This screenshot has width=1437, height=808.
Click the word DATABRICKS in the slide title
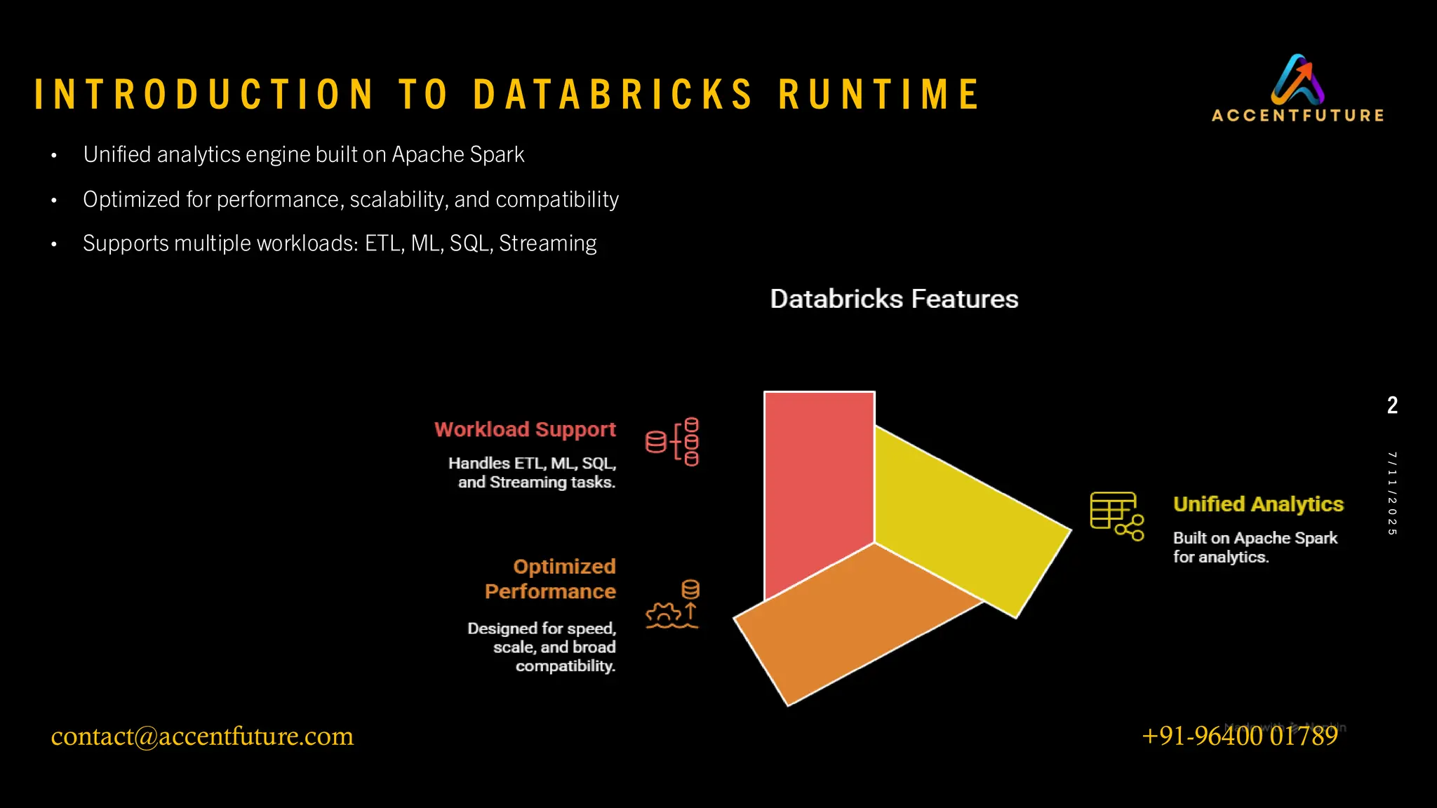[x=613, y=95]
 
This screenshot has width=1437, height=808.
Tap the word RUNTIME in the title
[x=879, y=95]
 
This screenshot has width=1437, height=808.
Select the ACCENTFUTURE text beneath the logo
[x=1297, y=116]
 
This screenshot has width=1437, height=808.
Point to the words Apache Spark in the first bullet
[x=457, y=154]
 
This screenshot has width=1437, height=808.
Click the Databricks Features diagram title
[x=894, y=299]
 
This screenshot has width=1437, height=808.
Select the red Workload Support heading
[x=525, y=429]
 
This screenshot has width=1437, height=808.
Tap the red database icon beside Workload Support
[x=672, y=442]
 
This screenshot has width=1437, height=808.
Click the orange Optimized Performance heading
[x=551, y=579]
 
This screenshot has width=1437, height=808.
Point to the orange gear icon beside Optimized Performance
[x=672, y=605]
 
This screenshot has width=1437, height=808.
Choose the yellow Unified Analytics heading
[x=1258, y=504]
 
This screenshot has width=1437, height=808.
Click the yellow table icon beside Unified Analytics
[x=1116, y=516]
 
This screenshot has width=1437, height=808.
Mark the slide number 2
[x=1392, y=405]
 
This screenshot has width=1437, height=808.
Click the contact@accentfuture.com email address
[x=202, y=736]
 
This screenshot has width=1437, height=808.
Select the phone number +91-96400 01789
[x=1240, y=736]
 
